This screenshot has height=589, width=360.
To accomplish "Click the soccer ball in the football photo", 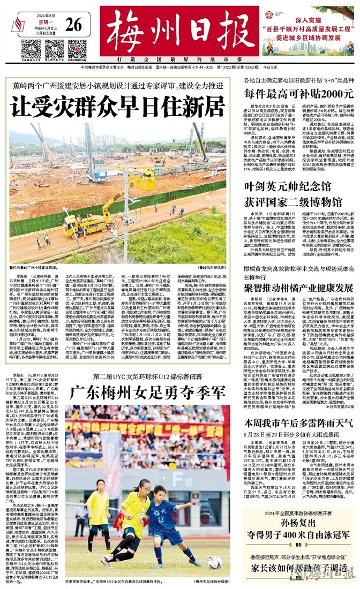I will tap(215, 561).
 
